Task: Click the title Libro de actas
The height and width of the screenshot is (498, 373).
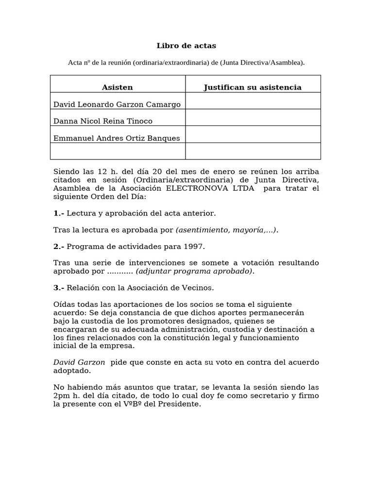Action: click(186, 46)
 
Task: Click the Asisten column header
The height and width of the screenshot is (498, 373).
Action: click(117, 88)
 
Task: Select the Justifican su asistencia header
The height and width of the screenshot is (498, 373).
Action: click(253, 88)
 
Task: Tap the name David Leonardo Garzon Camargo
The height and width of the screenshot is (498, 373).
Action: click(117, 105)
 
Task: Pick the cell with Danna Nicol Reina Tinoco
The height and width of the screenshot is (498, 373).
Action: click(103, 121)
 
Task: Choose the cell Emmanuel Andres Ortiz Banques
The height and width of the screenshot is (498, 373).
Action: click(117, 138)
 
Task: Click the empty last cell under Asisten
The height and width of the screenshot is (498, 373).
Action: click(118, 151)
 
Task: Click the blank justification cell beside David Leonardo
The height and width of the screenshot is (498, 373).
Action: click(253, 101)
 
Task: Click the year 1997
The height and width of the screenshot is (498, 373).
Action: click(196, 247)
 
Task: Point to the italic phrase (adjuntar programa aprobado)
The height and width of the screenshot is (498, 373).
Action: click(194, 271)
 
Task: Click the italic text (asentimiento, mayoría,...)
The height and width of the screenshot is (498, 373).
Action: click(226, 230)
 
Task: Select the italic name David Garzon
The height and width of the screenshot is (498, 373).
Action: click(79, 362)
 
